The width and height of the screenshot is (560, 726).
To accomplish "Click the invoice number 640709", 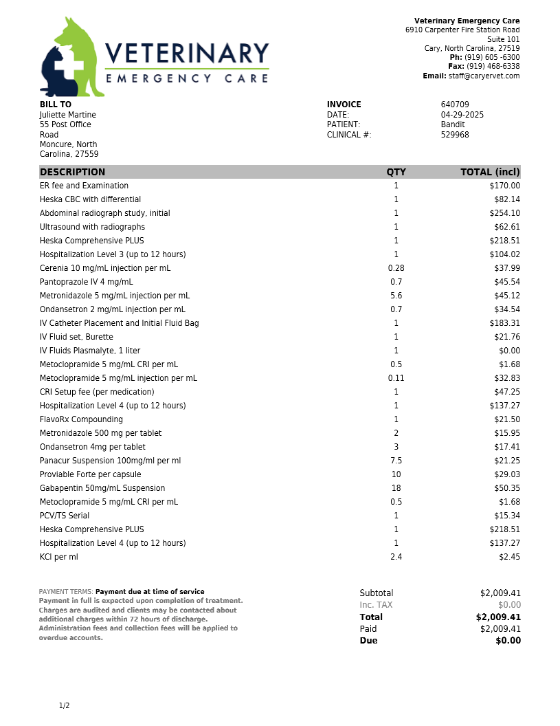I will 455,104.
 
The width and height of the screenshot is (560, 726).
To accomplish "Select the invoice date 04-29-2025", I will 462,115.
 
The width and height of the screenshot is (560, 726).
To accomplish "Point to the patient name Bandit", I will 453,124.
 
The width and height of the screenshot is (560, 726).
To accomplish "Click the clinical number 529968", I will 455,135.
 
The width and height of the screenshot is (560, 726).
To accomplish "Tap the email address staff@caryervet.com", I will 484,76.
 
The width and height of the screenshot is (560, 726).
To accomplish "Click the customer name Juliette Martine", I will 68,115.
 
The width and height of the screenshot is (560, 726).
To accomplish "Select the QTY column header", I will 396,172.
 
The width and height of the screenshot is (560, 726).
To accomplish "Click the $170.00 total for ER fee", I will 505,186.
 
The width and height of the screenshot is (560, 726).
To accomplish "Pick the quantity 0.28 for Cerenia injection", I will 396,268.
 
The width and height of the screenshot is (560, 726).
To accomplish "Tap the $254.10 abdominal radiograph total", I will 505,213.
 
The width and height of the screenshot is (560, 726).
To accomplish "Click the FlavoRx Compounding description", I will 81,419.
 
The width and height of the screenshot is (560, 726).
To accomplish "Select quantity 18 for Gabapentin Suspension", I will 396,488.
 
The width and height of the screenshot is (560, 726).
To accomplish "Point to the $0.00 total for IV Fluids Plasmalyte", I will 509,351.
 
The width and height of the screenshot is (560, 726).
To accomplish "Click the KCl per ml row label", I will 59,557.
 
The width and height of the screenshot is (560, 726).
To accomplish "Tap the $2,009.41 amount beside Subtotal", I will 500,593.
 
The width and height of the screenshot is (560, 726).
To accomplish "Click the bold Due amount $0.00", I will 508,641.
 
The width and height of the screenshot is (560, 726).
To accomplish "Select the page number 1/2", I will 65,706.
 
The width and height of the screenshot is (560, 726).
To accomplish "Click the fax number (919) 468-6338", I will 493,67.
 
